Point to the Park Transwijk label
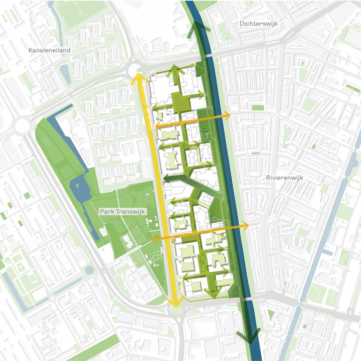click(x=123, y=212)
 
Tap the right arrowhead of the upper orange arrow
click(x=228, y=115)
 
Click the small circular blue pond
click(x=89, y=269)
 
